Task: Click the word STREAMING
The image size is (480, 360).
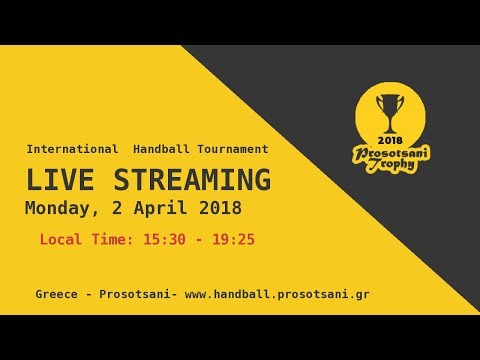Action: click(188, 181)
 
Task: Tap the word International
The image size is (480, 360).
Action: click(72, 149)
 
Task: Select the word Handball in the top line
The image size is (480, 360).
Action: click(160, 149)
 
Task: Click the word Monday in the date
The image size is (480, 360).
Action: click(56, 210)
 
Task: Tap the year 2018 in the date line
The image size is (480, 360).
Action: click(213, 210)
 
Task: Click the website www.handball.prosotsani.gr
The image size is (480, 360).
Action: click(277, 295)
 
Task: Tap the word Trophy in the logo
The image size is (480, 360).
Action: click(390, 168)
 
